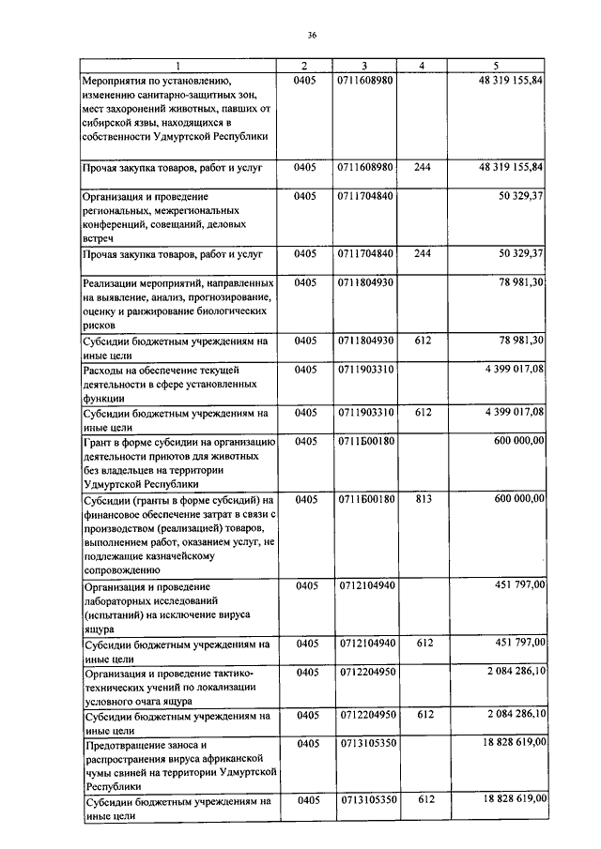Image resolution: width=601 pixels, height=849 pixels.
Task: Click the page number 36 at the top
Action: coord(312,36)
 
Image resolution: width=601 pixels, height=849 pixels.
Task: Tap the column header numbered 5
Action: coord(495,66)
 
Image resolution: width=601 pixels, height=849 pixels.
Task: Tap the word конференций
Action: coord(117,225)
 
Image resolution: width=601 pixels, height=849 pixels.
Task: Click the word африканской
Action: coord(237,758)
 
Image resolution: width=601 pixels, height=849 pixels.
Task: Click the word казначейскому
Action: coord(203,555)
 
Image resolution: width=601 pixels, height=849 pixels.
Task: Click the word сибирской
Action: coord(111,122)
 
